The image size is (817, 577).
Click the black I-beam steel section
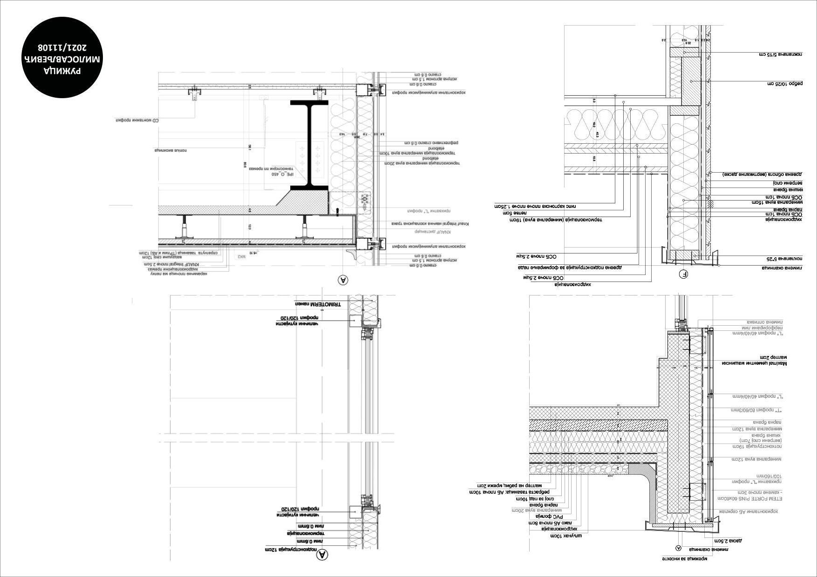309,144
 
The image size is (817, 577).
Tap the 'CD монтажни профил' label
137,121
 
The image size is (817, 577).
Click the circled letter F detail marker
684,275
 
